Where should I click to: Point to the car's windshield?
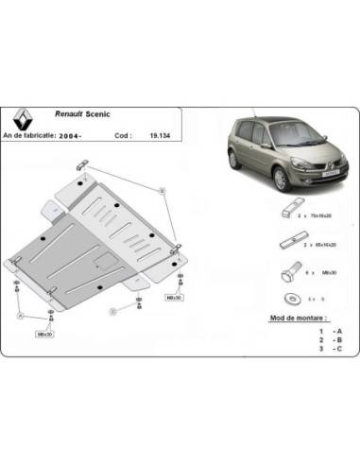(x=260, y=135)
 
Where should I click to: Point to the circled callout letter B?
(x=162, y=192)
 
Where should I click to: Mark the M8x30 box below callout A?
(x=44, y=334)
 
